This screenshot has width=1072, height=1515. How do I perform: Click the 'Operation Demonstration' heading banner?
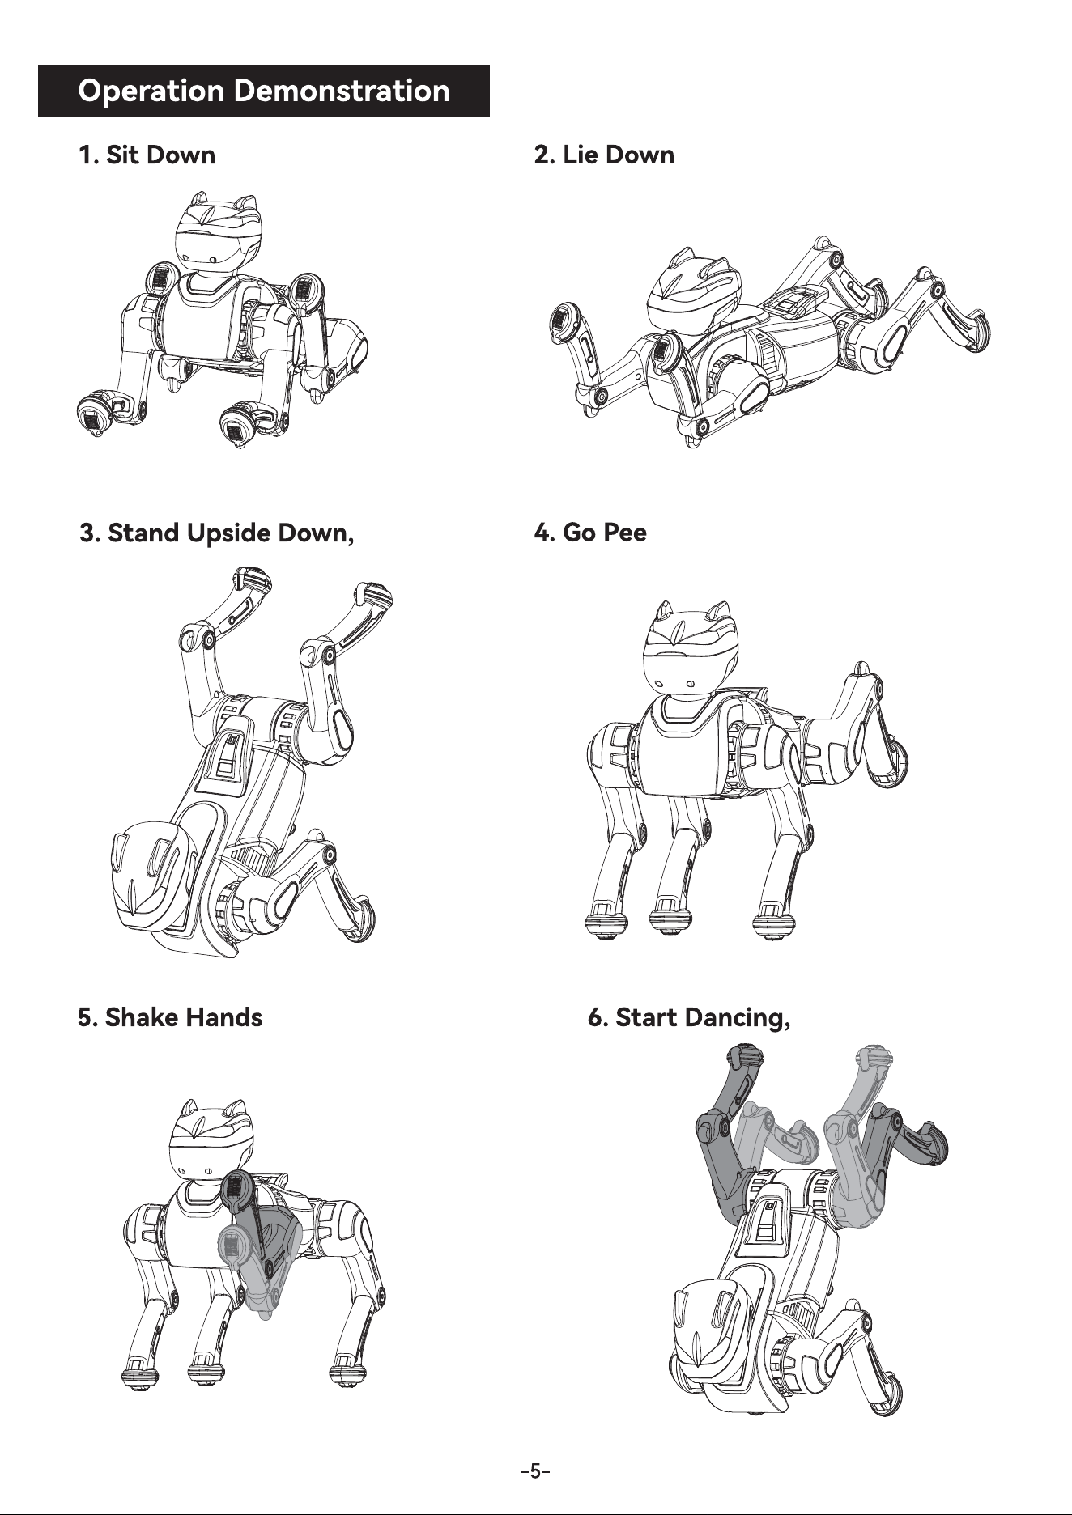pos(264,91)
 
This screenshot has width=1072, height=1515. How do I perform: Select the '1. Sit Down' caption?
pos(147,155)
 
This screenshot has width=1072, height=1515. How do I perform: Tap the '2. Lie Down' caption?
pos(604,155)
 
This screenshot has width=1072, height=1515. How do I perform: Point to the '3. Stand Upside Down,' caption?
pos(218,534)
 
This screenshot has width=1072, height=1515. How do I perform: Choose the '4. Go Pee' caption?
pos(590,533)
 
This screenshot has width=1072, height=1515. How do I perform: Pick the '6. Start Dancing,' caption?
pos(689,1017)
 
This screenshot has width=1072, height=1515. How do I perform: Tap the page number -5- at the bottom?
pos(535,1470)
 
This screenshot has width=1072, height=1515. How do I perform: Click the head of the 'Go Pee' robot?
pos(683,649)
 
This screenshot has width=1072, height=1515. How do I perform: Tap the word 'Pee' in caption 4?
pos(623,533)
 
